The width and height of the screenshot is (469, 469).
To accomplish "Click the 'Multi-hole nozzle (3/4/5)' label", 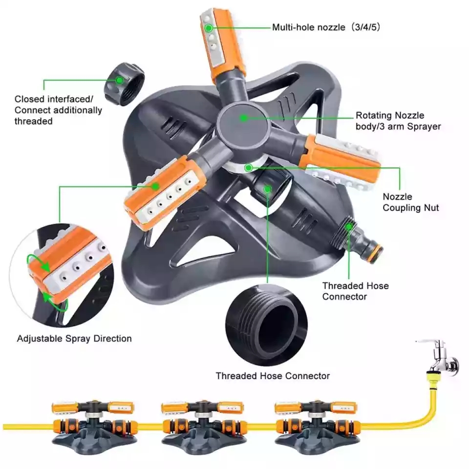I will [326, 27].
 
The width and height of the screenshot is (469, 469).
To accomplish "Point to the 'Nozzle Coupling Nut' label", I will [410, 202].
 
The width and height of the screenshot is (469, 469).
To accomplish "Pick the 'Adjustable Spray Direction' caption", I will [74, 339].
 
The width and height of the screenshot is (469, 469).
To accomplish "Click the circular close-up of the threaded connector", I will [267, 325].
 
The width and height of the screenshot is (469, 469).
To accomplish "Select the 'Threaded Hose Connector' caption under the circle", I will [273, 376].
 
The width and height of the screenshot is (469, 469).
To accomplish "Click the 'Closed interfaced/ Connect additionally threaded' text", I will [58, 110].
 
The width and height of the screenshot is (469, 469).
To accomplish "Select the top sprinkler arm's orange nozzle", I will [222, 44].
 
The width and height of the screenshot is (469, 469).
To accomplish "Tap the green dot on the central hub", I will [243, 118].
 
